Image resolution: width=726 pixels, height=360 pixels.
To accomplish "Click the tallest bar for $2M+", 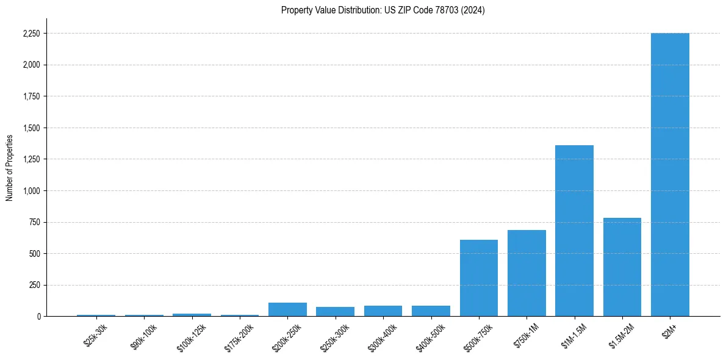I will pos(670,175).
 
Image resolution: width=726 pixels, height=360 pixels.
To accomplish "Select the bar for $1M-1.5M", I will pos(574,231).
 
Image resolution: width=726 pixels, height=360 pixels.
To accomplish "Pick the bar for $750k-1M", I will pos(527,273).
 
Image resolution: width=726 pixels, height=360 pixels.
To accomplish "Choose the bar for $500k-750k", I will pos(478,278).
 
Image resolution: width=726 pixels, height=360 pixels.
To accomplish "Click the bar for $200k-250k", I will pos(287,309).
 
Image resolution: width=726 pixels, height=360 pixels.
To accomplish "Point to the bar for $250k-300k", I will pos(335,311).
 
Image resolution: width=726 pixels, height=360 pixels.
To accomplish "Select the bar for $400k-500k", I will pos(431,311).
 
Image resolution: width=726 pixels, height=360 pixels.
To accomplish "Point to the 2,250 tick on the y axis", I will pos(31,34).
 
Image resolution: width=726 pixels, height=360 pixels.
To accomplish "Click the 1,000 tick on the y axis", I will pos(31,190).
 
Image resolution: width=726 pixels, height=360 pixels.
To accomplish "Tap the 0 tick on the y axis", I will pos(38,316).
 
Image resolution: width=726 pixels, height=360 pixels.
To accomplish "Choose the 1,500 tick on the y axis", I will pos(31,128).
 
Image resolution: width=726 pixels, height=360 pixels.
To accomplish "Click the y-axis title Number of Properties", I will pos(10,167).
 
